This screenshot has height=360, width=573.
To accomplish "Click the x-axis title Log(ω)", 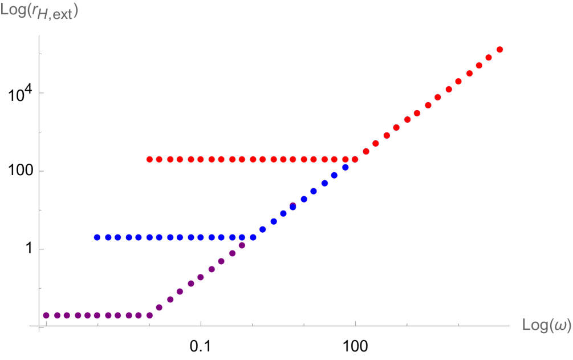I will (546, 325).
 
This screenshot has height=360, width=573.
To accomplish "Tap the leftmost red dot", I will (149, 159).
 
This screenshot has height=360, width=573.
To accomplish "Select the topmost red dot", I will (499, 50).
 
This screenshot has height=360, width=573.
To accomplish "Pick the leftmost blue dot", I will (97, 237).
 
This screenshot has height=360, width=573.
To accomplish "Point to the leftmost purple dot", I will (46, 315).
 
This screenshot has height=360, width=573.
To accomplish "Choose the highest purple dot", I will (242, 245).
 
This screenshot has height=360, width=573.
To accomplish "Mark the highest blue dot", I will (345, 167).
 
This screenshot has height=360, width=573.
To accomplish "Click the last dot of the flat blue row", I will (253, 237).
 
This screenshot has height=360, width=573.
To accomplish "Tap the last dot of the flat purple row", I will (149, 315).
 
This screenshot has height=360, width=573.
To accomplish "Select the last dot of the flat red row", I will (355, 159).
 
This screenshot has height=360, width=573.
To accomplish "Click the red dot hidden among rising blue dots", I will (292, 205).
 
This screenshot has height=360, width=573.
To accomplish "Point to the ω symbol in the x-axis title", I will (560, 325).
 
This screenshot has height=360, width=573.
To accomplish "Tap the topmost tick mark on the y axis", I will (41, 54).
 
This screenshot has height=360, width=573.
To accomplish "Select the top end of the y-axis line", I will (39, 35).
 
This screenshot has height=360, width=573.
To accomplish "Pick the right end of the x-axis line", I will (509, 326).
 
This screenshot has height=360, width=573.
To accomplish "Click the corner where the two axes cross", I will (39, 326).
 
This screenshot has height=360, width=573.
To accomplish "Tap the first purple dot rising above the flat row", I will (159, 308).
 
